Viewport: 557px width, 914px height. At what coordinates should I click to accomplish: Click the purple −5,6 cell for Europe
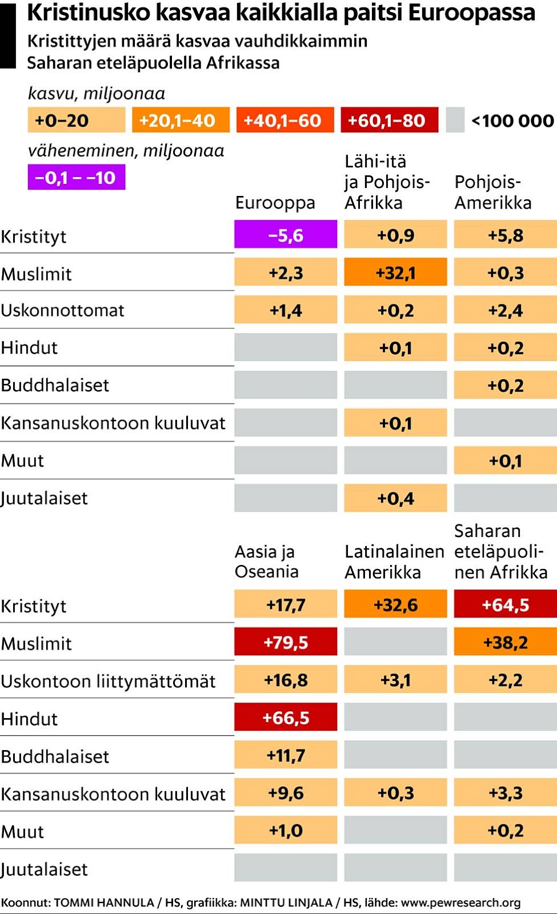point(286,235)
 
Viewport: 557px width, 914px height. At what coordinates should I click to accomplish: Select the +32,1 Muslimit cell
point(395,272)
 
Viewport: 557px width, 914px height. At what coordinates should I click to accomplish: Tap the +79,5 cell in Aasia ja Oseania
point(286,642)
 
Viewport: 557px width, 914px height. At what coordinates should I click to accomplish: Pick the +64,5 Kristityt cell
point(505,604)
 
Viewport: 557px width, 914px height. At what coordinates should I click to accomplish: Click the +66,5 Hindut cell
point(286,717)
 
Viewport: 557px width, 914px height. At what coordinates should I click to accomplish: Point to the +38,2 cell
point(505,642)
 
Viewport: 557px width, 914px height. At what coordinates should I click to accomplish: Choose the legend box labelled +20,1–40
point(181,121)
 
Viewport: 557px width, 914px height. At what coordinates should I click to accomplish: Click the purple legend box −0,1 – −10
point(76,178)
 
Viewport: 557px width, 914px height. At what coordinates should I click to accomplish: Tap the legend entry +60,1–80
point(389,121)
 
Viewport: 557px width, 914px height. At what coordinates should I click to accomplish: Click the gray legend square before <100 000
point(455,121)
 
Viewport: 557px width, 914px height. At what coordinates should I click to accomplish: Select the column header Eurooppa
point(275,203)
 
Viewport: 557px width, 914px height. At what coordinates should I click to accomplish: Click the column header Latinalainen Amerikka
point(394,562)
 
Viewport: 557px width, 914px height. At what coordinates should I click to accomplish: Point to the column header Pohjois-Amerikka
point(492,193)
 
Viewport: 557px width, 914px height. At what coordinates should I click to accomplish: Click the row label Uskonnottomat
point(62,310)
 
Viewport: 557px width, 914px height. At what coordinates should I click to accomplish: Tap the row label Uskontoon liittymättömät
point(108,681)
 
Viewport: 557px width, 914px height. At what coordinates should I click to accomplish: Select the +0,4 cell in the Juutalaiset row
point(395,498)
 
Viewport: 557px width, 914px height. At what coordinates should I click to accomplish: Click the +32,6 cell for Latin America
point(395,604)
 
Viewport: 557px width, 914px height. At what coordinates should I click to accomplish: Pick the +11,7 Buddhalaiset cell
point(286,755)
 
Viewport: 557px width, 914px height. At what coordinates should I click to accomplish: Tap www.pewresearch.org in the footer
point(460,903)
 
